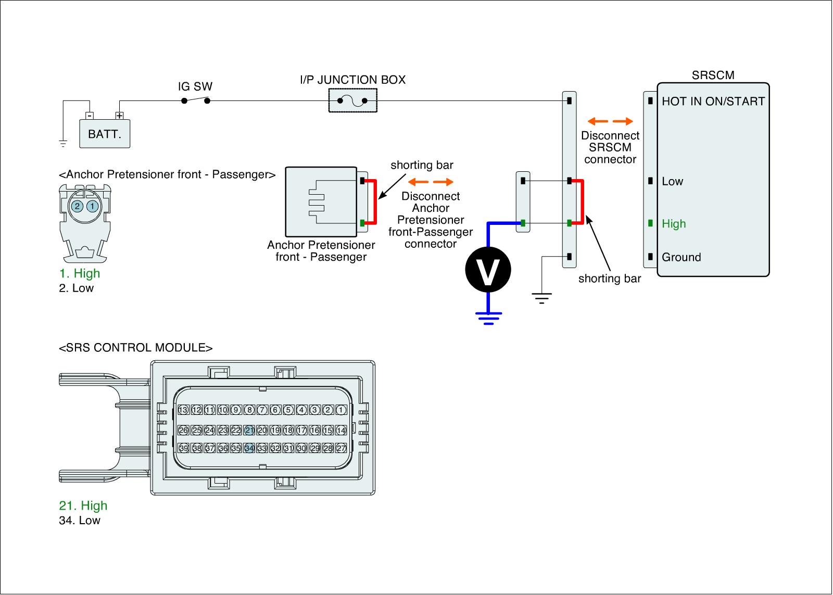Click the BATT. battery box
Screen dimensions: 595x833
(104, 134)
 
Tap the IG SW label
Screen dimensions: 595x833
(195, 86)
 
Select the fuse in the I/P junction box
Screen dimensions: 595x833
(352, 100)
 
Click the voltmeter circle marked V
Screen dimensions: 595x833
(488, 270)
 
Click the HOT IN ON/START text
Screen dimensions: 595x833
(713, 102)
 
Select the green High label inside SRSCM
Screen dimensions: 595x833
(674, 224)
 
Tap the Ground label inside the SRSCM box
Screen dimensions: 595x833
(681, 257)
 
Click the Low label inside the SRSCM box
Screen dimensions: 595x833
(672, 182)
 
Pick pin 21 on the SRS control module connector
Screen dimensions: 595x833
(249, 431)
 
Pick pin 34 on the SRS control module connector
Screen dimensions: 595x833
(249, 448)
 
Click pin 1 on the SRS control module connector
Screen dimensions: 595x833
(341, 410)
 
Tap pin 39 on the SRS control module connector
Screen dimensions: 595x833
(183, 448)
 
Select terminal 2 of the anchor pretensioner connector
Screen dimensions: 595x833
(77, 206)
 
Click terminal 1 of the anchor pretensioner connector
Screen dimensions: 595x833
(92, 206)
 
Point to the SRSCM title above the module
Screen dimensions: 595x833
(713, 75)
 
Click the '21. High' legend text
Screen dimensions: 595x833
(83, 505)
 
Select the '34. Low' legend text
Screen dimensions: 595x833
(80, 521)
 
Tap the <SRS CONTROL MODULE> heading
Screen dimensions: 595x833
(136, 348)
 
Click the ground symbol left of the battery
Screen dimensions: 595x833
(63, 143)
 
